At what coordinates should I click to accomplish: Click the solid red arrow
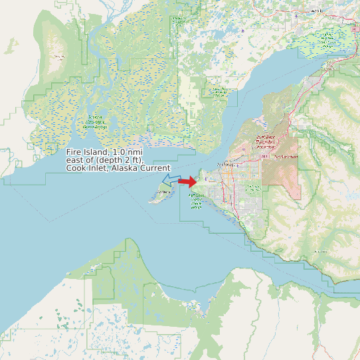click(x=188, y=181)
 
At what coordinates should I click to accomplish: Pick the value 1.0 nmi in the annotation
click(x=128, y=153)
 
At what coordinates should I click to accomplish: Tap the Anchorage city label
click(x=228, y=163)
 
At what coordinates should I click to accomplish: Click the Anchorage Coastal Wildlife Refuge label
click(x=196, y=202)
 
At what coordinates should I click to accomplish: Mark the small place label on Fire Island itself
click(x=159, y=193)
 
